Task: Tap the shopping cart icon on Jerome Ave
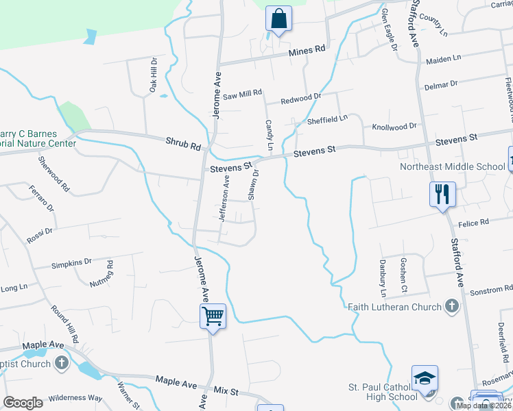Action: click(213, 316)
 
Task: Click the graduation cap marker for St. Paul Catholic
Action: click(425, 377)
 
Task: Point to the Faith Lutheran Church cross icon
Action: click(451, 306)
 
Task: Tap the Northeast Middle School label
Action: click(453, 166)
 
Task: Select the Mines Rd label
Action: click(306, 51)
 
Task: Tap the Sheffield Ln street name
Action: click(327, 119)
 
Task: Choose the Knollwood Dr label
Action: click(394, 127)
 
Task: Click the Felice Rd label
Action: click(475, 222)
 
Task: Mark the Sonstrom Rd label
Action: click(490, 291)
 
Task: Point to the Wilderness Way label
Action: click(75, 398)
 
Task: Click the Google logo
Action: click(23, 403)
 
